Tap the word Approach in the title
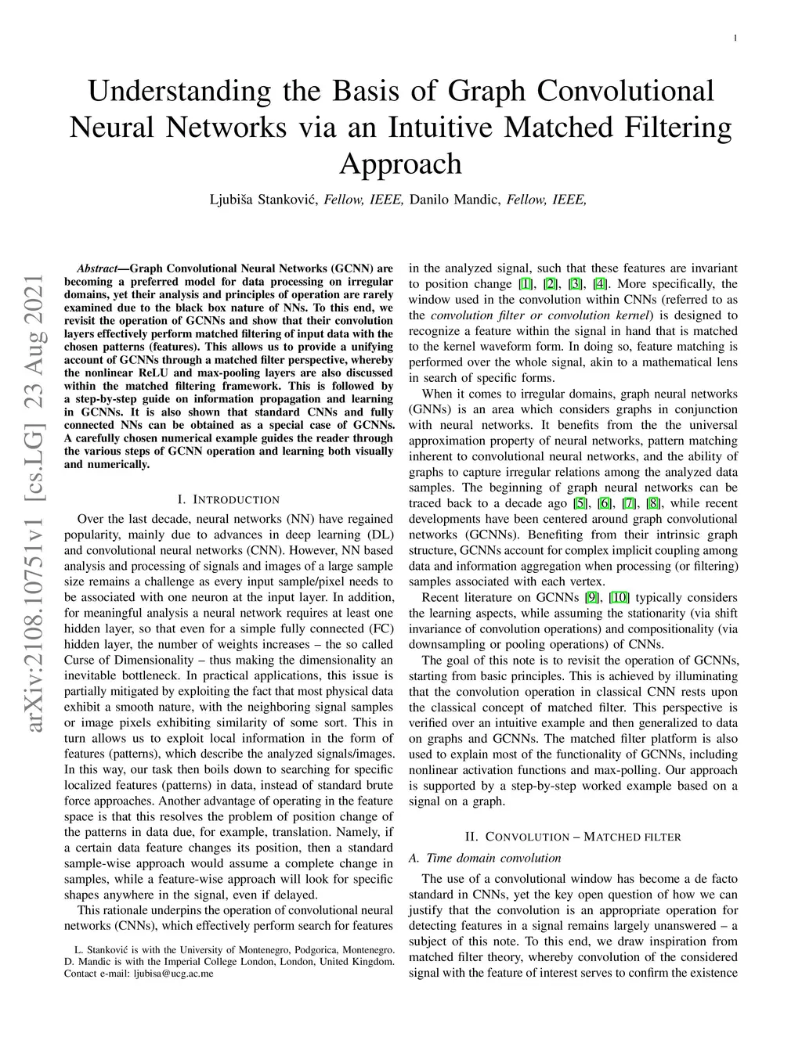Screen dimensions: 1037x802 pyautogui.click(x=400, y=164)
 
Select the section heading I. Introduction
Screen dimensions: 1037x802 pyautogui.click(x=228, y=499)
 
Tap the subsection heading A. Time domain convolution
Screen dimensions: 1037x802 pyautogui.click(x=485, y=858)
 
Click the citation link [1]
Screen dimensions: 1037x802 pyautogui.click(x=526, y=284)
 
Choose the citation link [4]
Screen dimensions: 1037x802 pyautogui.click(x=600, y=284)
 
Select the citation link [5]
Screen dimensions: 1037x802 pyautogui.click(x=580, y=503)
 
